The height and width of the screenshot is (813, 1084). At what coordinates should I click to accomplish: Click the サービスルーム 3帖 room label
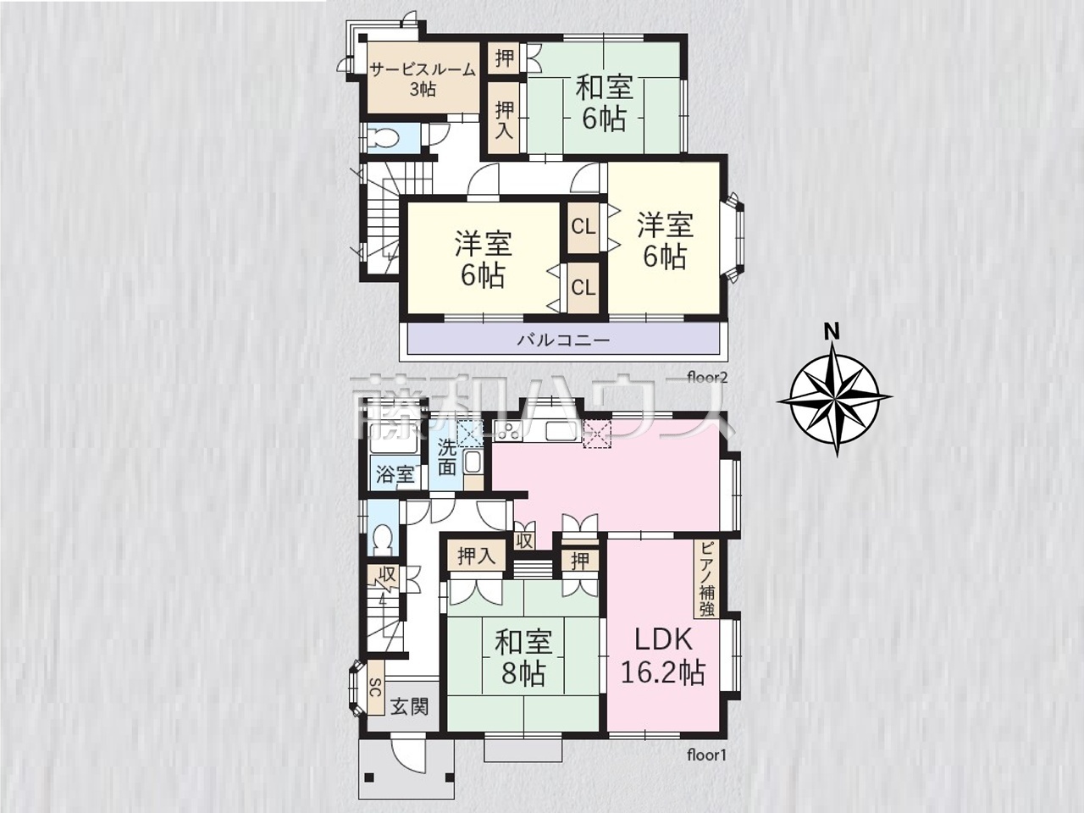423,80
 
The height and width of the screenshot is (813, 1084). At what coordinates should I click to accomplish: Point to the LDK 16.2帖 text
663,656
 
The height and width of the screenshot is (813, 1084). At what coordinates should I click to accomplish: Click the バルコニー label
563,340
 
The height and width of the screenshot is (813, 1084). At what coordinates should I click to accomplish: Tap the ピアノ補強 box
706,578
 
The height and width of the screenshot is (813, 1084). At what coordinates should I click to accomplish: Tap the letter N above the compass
833,333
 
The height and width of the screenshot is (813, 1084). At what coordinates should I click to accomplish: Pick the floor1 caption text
706,769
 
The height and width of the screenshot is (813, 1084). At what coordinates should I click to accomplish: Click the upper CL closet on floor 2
583,227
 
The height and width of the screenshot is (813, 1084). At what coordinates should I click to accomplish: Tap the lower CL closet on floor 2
583,288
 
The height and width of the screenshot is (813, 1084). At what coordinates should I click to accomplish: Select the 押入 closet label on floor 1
477,556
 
